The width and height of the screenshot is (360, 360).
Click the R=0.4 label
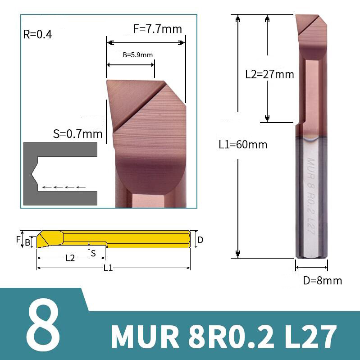[x=38, y=34]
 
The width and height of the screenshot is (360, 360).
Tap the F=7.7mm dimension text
[x=158, y=29]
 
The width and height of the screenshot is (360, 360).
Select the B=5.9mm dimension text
[x=138, y=55]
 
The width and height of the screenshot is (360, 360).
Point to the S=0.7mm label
[x=77, y=134]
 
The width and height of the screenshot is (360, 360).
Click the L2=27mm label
[x=269, y=74]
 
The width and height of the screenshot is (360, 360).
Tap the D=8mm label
[x=322, y=281]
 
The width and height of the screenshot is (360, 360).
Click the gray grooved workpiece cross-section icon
[x=60, y=174]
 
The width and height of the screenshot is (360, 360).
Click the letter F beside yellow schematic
[x=18, y=239]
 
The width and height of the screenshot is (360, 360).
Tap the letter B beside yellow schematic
[x=27, y=242]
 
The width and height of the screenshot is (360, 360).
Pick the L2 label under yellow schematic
[x=70, y=258]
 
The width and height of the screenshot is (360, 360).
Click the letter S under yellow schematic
[x=93, y=253]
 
